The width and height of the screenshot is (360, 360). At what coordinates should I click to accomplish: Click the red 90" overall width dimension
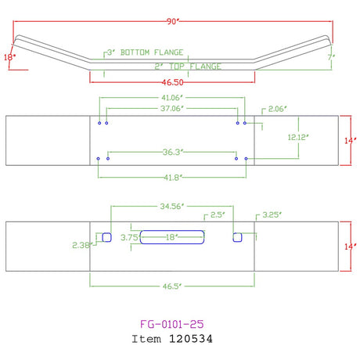[173, 21]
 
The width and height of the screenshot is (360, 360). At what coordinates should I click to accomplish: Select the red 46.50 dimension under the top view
[172, 82]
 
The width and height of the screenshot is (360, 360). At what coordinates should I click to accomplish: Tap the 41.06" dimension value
[172, 98]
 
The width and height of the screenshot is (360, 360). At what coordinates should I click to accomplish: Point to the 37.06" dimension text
[172, 108]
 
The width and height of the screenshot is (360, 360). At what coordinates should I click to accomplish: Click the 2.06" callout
[278, 109]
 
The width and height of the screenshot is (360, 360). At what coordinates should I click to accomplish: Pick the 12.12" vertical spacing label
[298, 137]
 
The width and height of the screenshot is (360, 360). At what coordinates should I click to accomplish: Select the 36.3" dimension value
[173, 152]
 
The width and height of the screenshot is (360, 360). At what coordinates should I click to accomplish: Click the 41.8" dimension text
[173, 178]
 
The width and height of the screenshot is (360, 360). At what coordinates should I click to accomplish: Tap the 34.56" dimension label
[172, 207]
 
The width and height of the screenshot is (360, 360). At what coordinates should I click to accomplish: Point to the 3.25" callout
[272, 215]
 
